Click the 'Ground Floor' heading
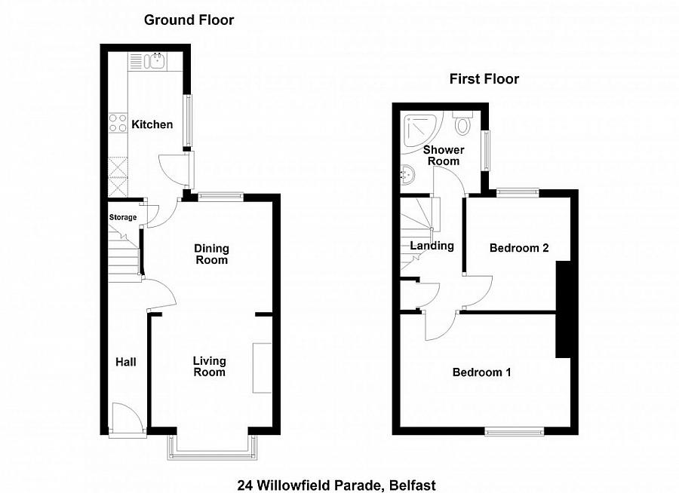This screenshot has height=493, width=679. pos(189,20)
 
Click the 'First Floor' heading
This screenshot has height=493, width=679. pos(484,78)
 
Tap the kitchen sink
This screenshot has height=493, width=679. pos(157,61)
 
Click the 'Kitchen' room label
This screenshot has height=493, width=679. pos(152,124)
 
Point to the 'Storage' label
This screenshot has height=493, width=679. pos(123,218)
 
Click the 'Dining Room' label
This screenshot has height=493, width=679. pos(211,254)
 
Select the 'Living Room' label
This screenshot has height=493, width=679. pos(209,366)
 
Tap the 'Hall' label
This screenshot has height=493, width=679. pos(125,363)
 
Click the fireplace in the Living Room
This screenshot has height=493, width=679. pos(262,367)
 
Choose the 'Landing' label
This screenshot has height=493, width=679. pos(432,246)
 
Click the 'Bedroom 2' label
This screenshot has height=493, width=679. pos(518,248)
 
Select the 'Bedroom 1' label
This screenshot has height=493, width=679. pos(481,372)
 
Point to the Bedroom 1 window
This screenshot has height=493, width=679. pos(514,431)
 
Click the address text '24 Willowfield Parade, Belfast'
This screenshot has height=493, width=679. pos(336,485)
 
